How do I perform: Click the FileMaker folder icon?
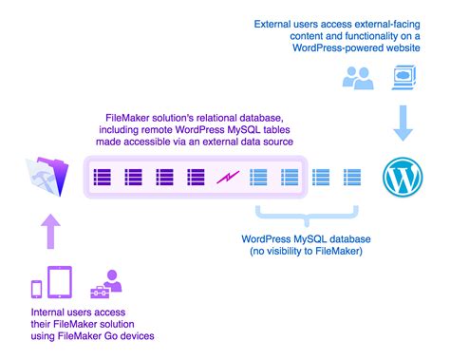coord(47,176)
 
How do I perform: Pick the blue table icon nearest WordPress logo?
coord(351,176)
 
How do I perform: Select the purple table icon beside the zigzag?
coord(197,176)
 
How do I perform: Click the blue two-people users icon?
coord(359,77)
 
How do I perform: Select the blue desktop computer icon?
coord(403,75)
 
